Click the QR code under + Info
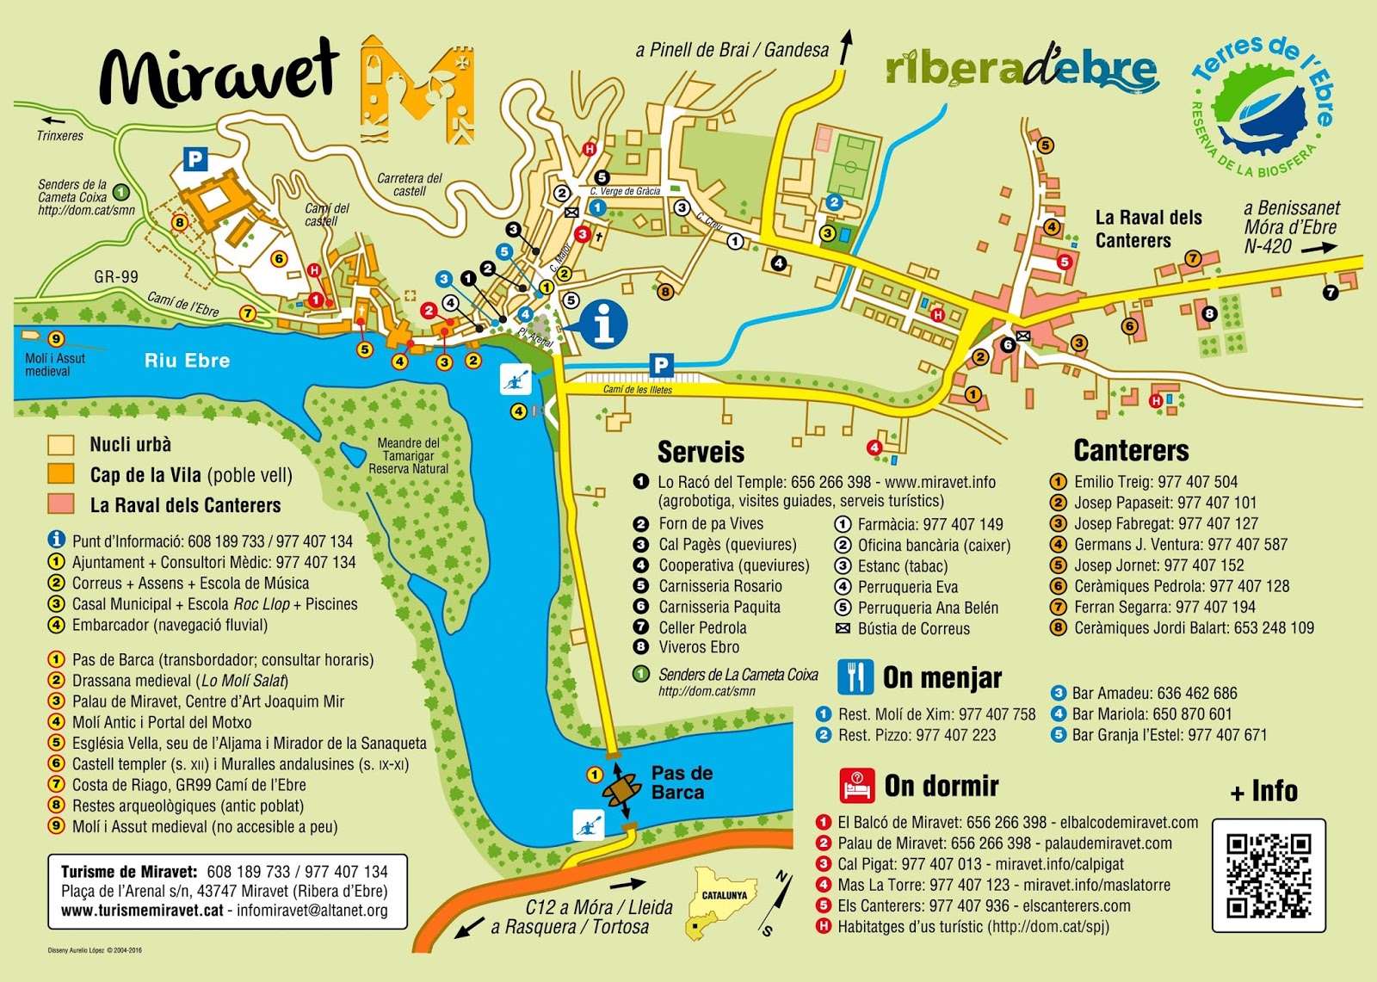click(1269, 875)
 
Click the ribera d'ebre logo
click(1022, 69)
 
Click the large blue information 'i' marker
click(604, 324)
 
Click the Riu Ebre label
click(187, 361)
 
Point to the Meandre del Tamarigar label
click(409, 455)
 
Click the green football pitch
click(850, 166)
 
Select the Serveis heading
click(701, 452)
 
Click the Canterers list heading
click(1131, 450)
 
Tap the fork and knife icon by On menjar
click(855, 677)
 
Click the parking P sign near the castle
click(195, 158)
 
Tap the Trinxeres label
click(60, 136)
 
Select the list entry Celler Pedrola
click(702, 627)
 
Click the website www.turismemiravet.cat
click(142, 911)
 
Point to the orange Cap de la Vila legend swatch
click(61, 474)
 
